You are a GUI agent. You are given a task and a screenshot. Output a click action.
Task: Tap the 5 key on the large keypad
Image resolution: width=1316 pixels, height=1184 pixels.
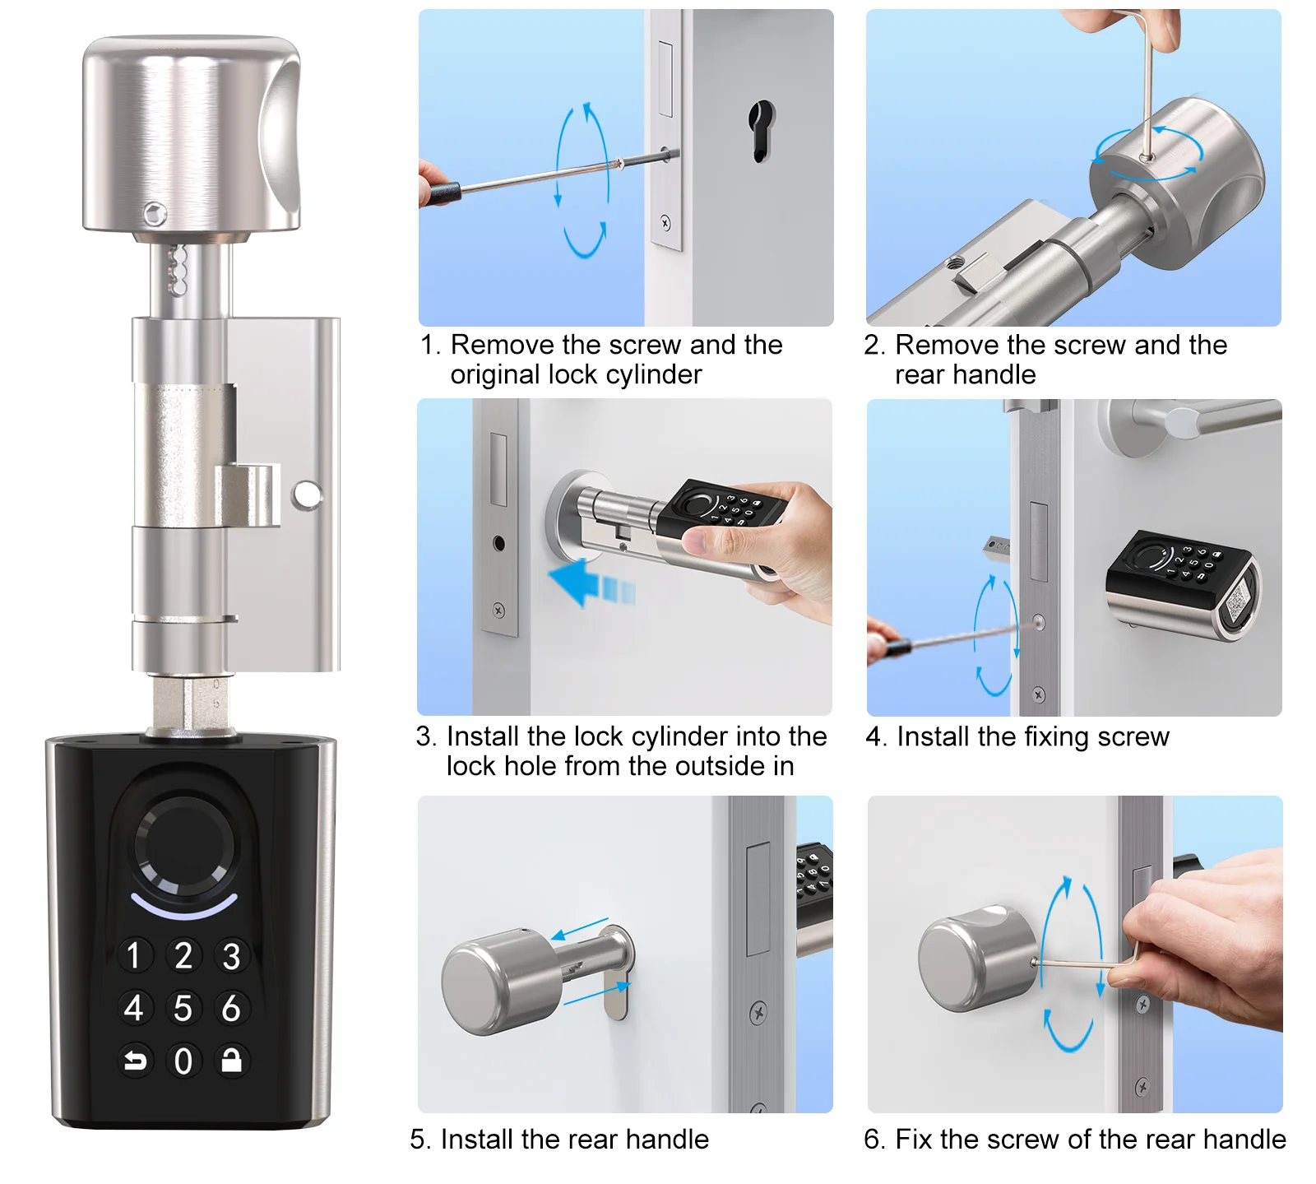coord(183,1008)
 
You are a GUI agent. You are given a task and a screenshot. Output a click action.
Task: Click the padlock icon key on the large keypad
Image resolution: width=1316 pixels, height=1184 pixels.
coord(232,1060)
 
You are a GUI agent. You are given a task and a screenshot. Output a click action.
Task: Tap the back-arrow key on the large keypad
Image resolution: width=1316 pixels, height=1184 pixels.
coord(135,1060)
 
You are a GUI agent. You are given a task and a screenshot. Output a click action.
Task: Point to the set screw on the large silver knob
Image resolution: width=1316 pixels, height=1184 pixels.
coord(153,214)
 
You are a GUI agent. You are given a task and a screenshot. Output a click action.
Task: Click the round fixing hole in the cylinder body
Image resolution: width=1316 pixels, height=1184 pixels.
coord(307,494)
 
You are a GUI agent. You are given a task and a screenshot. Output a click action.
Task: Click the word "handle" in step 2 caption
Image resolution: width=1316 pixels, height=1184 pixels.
coord(994,375)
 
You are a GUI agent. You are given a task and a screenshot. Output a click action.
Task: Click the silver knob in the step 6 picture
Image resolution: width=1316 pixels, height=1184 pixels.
coord(976,959)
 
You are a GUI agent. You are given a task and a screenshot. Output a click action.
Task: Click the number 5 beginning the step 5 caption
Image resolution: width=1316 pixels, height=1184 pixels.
coord(418,1140)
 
